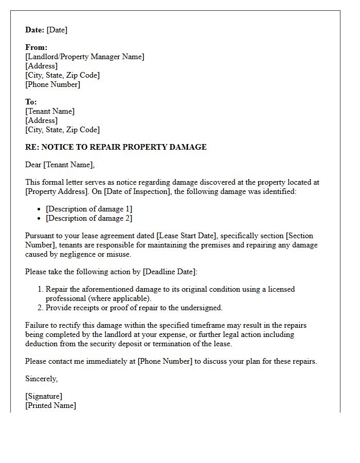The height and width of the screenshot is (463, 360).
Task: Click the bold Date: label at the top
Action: [x=34, y=30]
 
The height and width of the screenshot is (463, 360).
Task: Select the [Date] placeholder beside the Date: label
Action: [x=57, y=30]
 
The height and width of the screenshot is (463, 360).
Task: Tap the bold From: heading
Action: [x=36, y=47]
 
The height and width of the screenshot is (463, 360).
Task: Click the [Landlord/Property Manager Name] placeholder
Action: [x=85, y=57]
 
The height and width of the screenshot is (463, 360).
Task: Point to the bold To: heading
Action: [x=31, y=102]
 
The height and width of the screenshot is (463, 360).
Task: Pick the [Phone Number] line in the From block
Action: [x=52, y=84]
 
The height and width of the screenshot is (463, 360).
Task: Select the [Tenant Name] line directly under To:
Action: [x=50, y=111]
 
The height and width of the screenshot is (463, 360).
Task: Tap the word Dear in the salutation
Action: [x=33, y=165]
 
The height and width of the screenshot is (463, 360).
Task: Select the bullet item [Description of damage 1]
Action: [x=89, y=209]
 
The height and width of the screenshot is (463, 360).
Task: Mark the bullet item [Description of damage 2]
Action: [x=89, y=218]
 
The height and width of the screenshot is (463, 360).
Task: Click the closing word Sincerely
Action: [x=42, y=379]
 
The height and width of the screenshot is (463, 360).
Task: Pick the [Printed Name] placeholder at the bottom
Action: [x=50, y=405]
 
